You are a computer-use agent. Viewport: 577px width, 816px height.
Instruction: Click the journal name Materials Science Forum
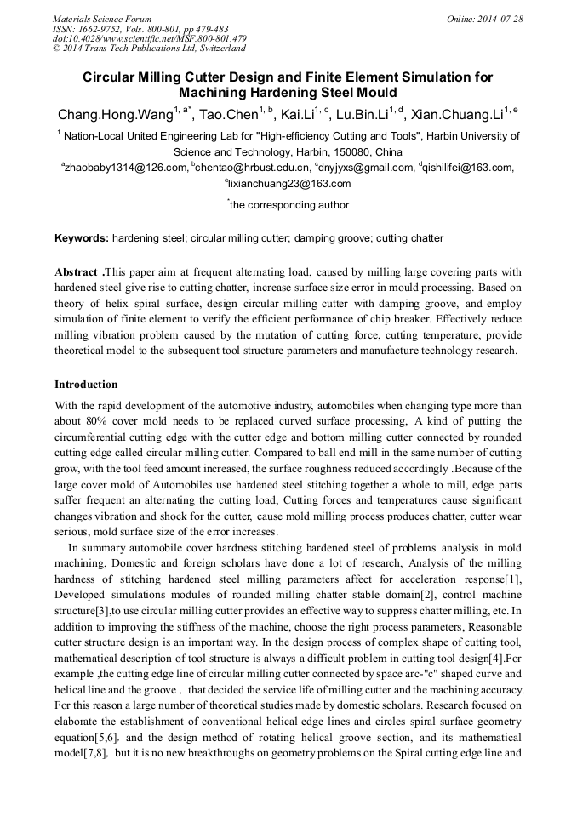pos(102,19)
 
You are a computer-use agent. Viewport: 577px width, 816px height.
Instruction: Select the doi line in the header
pos(150,38)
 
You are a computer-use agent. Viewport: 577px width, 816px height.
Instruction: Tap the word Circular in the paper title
pos(110,77)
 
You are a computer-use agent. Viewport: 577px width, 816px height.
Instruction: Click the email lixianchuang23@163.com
pos(289,184)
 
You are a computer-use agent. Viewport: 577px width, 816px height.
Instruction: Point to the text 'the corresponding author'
pos(289,205)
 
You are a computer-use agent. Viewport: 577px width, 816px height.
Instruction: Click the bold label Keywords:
pos(82,238)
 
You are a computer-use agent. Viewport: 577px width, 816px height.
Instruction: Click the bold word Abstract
pos(77,272)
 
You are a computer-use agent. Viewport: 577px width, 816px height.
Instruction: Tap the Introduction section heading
pos(86,385)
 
